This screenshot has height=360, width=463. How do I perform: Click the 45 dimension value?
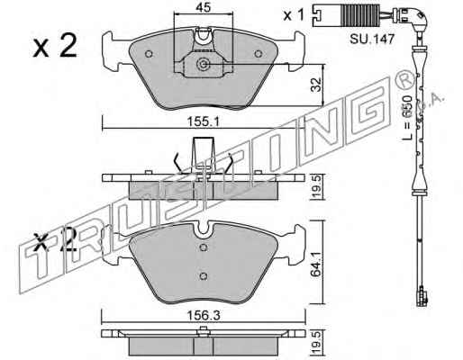pos(204,7)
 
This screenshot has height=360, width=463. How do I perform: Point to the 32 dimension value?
pos(316,85)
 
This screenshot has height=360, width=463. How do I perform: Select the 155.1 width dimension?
pos(204,122)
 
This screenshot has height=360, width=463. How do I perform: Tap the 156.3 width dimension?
pos(204,315)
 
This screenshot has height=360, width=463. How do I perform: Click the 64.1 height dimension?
pos(316,261)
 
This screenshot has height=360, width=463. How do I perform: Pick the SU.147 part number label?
pos(372,39)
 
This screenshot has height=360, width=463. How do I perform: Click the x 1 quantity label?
pos(295,15)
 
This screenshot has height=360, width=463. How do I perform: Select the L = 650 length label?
pos(407,118)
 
